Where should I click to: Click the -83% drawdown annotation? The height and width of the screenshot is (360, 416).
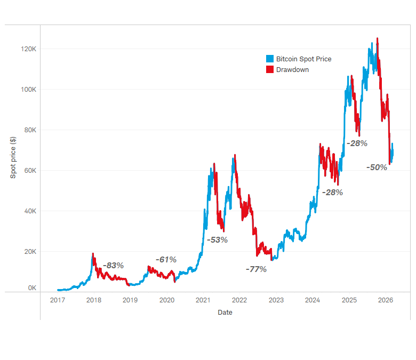[113, 265]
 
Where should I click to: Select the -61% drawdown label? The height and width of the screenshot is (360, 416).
[166, 259]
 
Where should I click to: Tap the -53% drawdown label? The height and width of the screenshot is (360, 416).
[217, 239]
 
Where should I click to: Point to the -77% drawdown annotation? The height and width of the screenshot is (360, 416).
[256, 269]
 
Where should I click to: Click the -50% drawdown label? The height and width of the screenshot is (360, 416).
[377, 167]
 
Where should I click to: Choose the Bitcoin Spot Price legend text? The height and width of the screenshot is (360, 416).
[303, 59]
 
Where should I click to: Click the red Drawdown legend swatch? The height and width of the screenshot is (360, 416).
[270, 69]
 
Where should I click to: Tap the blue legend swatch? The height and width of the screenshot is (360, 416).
[270, 59]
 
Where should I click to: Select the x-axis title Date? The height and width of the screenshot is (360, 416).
[225, 313]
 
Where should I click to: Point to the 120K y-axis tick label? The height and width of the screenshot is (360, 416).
[28, 49]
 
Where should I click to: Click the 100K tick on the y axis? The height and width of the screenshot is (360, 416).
[28, 90]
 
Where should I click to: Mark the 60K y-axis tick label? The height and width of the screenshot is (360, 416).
[29, 171]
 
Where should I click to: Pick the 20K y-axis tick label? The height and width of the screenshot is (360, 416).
[29, 252]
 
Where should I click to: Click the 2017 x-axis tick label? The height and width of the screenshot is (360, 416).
[57, 300]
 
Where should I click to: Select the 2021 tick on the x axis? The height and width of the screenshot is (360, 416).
[203, 300]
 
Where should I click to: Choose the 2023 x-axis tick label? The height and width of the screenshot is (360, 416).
[276, 300]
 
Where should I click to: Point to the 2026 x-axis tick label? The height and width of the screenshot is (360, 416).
[385, 300]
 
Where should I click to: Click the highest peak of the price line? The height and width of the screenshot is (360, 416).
[378, 38]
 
